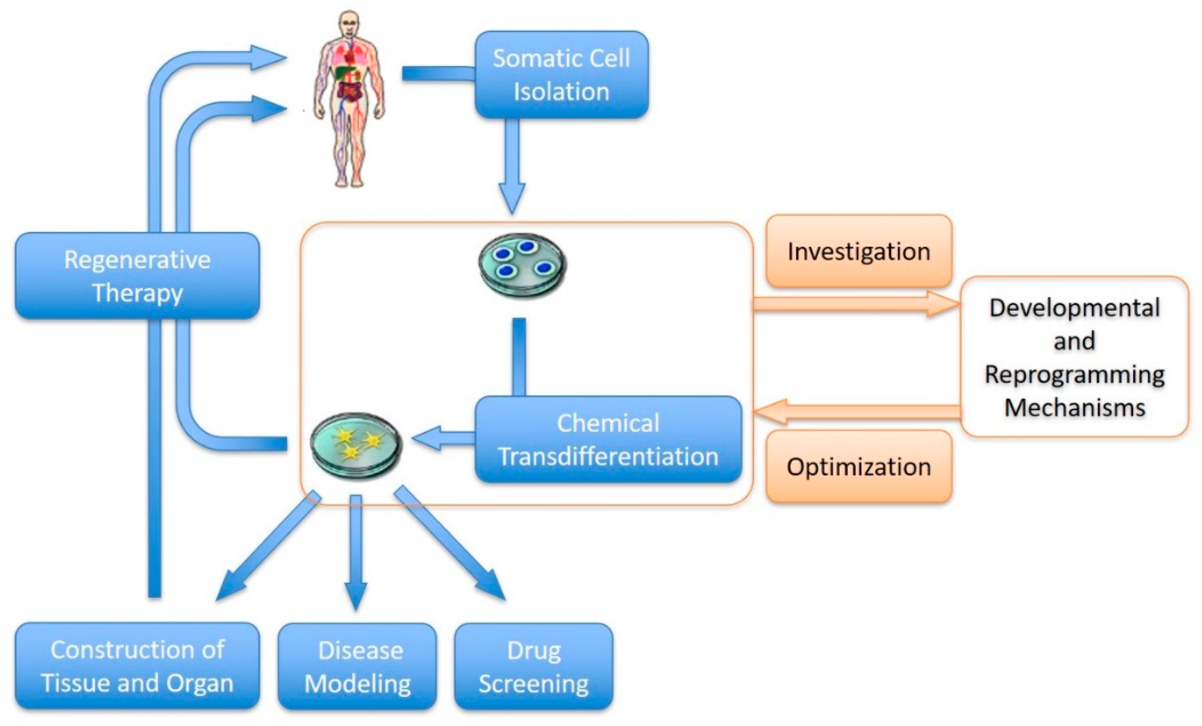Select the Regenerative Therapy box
[x=137, y=276]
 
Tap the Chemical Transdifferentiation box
[x=608, y=440]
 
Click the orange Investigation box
[x=859, y=251]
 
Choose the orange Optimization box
[x=859, y=467]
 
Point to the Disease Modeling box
[x=358, y=666]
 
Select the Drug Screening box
[x=533, y=666]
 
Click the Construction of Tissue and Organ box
[x=137, y=666]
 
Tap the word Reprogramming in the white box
[x=1075, y=374]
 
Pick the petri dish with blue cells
[x=522, y=265]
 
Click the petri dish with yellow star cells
[x=357, y=446]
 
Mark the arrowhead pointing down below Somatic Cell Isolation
[x=512, y=198]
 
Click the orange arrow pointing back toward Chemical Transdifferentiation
[x=854, y=411]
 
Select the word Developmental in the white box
[x=1075, y=308]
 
